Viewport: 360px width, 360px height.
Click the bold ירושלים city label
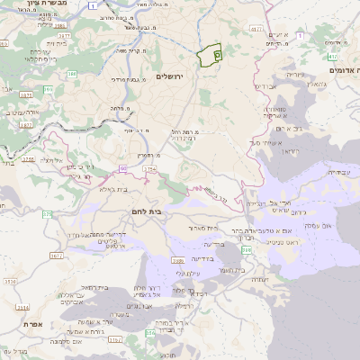(x=168, y=76)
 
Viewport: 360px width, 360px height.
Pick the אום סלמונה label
(x=63, y=342)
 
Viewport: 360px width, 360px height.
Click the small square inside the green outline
(x=217, y=54)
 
